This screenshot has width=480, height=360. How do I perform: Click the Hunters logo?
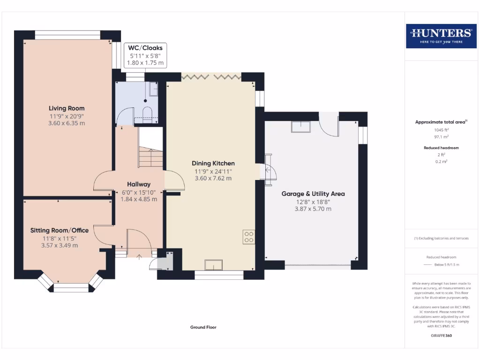[x=441, y=36]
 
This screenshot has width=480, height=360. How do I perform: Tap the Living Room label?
[x=67, y=108]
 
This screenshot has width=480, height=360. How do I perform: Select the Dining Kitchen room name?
[x=213, y=164]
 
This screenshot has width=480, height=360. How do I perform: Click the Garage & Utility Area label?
[x=313, y=194]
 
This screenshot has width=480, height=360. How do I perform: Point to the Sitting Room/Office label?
[x=60, y=231]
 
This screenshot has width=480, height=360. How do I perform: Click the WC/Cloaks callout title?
[x=145, y=48]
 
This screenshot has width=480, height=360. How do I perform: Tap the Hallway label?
[x=139, y=184]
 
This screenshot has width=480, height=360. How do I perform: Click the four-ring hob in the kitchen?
[x=249, y=237]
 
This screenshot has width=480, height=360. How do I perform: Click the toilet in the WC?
[x=147, y=114]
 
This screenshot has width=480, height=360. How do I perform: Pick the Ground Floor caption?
[x=203, y=327]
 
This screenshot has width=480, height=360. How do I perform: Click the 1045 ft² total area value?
[x=442, y=130]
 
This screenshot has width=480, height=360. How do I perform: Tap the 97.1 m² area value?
[x=442, y=137]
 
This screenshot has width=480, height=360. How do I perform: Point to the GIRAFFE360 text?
[x=442, y=336]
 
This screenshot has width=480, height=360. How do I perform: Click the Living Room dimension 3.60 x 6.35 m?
[x=67, y=123]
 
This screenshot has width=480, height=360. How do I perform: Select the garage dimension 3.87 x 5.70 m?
[x=313, y=209]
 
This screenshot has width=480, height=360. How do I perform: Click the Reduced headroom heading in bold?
[x=442, y=148]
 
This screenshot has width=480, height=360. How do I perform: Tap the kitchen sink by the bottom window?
[x=214, y=265]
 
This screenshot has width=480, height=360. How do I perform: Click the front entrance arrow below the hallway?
[x=139, y=257]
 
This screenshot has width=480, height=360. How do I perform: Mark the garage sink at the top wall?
[x=301, y=127]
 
